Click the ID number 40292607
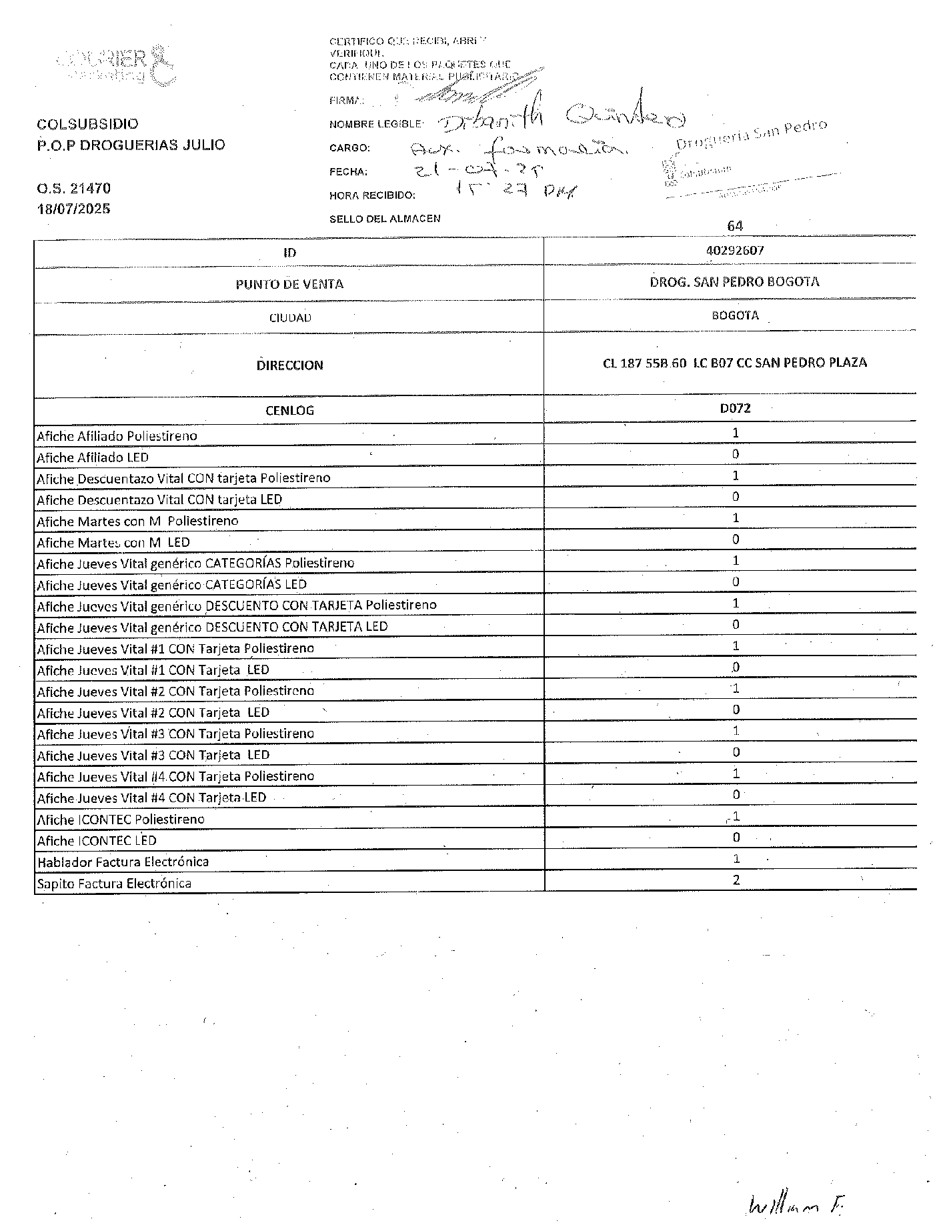[734, 251]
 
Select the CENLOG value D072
[735, 408]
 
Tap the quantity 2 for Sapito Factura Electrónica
[736, 880]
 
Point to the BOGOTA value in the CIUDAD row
[735, 315]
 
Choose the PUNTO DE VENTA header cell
[289, 284]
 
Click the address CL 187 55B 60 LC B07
[734, 363]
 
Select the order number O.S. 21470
[74, 189]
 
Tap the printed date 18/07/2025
[74, 209]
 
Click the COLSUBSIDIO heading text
[88, 124]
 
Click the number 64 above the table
[735, 226]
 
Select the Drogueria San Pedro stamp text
[751, 134]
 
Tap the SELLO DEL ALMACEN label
[385, 219]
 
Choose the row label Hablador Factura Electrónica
[123, 862]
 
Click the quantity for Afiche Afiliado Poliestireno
[736, 433]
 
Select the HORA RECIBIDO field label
[372, 195]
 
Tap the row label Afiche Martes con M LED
[113, 543]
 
